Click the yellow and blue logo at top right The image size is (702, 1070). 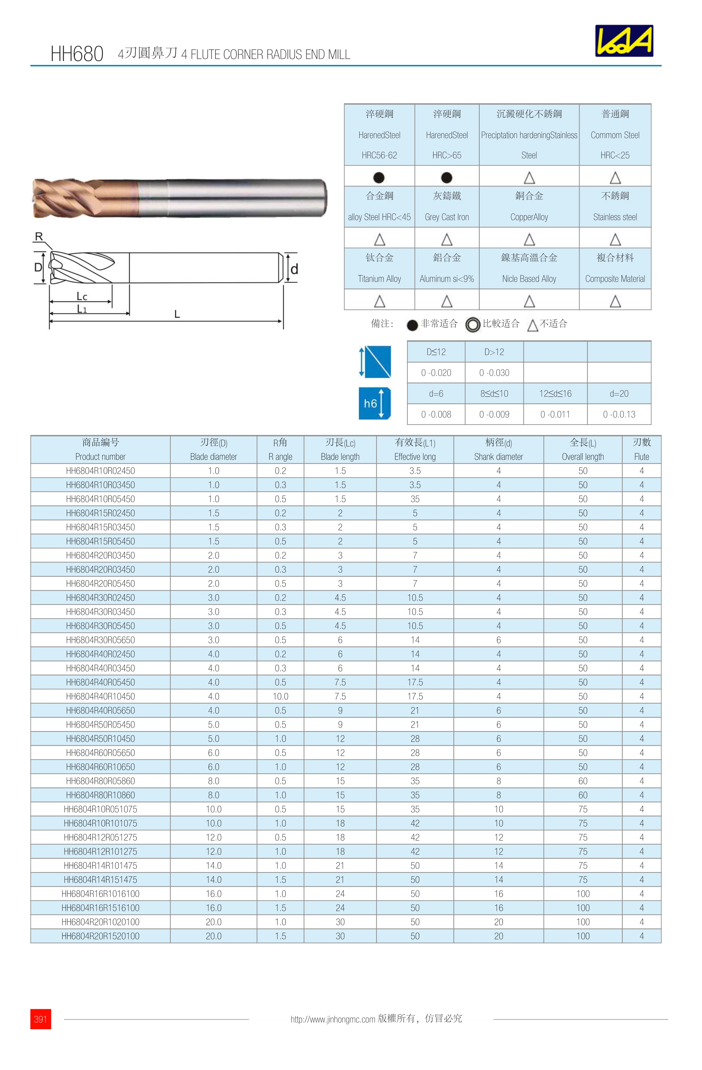(x=624, y=41)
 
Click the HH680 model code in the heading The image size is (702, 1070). (x=77, y=54)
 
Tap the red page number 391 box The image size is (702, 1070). (x=40, y=1019)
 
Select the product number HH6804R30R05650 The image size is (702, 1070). (x=100, y=640)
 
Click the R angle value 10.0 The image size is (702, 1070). (x=280, y=696)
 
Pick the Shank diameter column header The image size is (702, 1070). (x=498, y=450)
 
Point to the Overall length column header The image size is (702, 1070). (x=582, y=450)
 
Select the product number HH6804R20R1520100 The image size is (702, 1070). (x=100, y=936)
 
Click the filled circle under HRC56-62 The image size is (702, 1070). (x=379, y=178)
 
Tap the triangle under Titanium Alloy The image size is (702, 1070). (x=379, y=301)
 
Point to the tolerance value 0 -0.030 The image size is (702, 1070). (x=494, y=373)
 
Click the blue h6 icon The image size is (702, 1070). (x=374, y=403)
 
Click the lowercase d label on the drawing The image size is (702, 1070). (x=294, y=269)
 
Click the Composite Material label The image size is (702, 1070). (x=615, y=279)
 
